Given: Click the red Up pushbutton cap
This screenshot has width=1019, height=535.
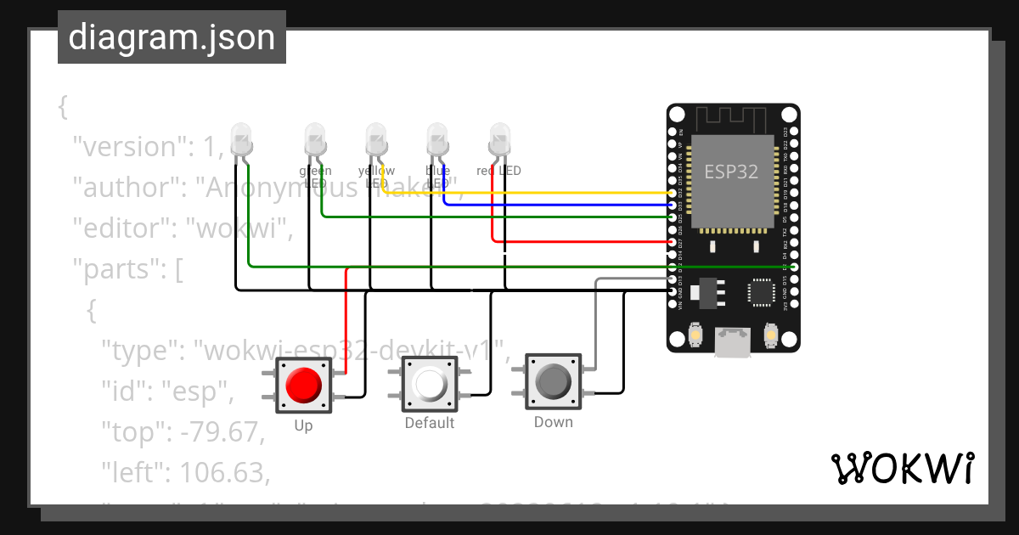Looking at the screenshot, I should click(303, 385).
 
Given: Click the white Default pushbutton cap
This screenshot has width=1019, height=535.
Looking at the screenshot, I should click(430, 384).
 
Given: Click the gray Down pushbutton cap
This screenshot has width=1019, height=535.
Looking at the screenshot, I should click(554, 382).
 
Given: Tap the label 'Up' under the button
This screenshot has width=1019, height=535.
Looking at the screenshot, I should click(303, 425).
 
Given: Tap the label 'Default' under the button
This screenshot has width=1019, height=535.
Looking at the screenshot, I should click(429, 423).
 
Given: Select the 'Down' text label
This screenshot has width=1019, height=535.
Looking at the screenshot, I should click(553, 422).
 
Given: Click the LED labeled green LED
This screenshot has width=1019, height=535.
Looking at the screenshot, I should click(315, 138).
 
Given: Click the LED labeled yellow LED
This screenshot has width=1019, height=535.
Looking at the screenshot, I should click(376, 138).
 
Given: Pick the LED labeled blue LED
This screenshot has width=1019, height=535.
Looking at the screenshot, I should click(437, 138).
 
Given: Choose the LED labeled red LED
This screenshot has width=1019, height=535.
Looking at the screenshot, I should click(499, 138).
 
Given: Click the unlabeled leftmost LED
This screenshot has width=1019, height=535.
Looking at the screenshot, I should click(241, 138).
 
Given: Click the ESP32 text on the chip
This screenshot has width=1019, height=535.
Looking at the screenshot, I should click(731, 171).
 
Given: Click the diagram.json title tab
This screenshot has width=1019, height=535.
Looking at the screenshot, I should click(172, 38).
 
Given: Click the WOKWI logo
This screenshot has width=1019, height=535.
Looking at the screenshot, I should click(902, 468).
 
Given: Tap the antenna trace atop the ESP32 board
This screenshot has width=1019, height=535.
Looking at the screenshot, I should click(732, 118).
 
